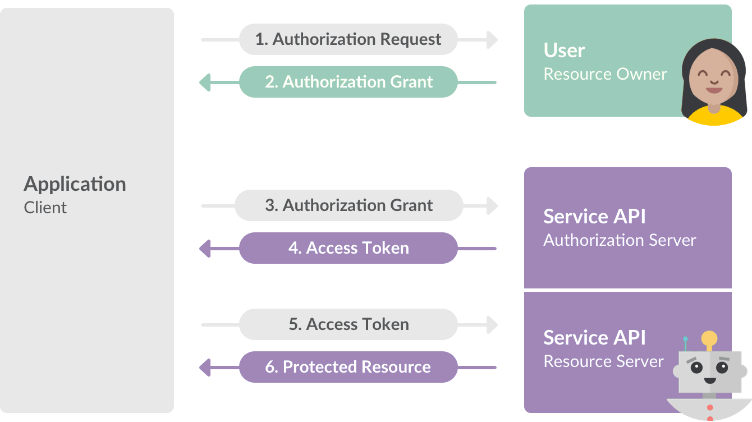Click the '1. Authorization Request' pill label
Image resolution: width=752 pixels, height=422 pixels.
click(348, 39)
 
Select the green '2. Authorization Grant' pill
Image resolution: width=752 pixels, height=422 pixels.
click(348, 82)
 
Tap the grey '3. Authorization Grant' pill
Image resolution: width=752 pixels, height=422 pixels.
click(348, 205)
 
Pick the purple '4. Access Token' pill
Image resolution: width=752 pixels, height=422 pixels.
click(348, 248)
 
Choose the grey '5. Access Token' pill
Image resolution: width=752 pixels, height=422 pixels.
click(348, 324)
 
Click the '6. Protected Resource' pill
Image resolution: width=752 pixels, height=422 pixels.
click(348, 367)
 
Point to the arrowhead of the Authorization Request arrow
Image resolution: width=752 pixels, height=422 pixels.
click(492, 39)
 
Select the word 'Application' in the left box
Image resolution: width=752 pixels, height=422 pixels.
click(75, 184)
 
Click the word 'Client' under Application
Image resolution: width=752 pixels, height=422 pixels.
click(45, 208)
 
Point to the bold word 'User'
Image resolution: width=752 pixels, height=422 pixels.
click(564, 51)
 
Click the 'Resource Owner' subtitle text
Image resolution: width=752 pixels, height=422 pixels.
click(605, 74)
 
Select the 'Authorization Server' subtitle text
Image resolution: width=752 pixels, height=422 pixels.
click(620, 240)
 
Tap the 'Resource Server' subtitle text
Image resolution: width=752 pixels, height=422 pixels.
click(603, 361)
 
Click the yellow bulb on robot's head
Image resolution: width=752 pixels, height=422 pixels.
click(709, 338)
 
